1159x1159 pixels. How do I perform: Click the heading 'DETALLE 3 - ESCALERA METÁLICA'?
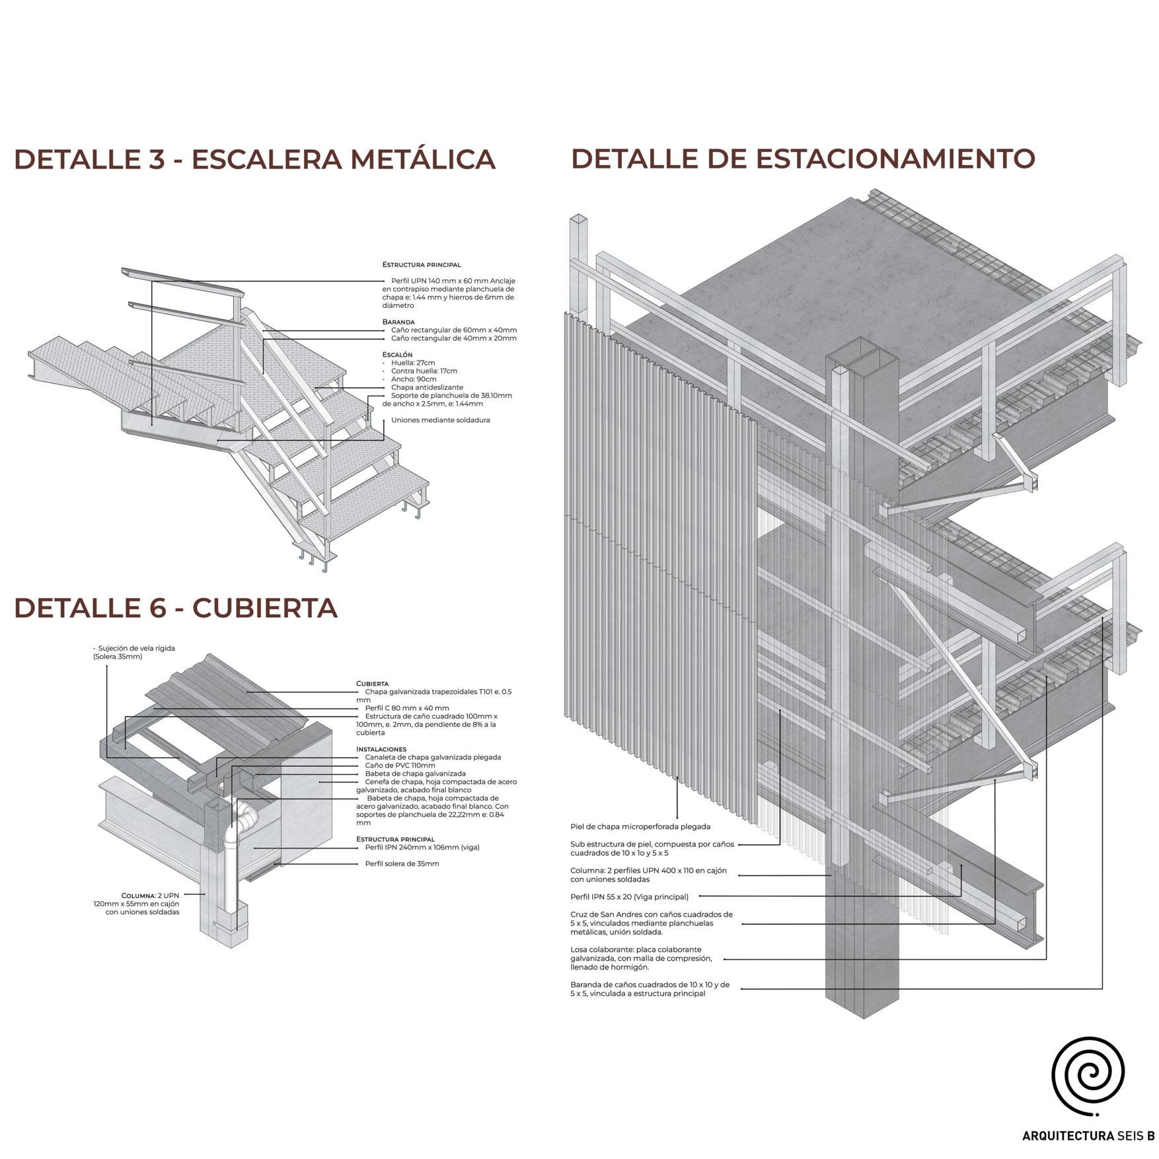pos(254,159)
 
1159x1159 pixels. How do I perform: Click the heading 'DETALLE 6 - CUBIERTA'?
pos(176,608)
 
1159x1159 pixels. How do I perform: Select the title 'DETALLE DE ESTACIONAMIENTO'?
pos(802,159)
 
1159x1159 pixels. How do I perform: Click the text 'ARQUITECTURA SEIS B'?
pos(1088,1137)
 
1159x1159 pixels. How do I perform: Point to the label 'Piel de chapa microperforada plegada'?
pos(640,827)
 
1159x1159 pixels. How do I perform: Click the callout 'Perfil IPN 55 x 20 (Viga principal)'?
pos(629,897)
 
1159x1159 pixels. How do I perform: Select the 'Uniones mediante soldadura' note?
pos(440,420)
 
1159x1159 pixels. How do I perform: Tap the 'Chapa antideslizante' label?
pos(427,387)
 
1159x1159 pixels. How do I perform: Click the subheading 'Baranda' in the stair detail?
pos(398,322)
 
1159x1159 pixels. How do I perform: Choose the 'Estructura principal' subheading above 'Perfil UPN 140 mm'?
pos(422,264)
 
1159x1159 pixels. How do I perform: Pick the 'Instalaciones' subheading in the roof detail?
pos(381,749)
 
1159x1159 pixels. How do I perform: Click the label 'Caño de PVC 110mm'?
pos(400,765)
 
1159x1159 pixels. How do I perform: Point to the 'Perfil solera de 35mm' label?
pos(402,864)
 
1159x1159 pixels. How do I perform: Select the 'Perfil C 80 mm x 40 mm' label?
pos(406,708)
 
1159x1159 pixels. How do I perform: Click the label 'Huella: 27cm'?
pos(413,363)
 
